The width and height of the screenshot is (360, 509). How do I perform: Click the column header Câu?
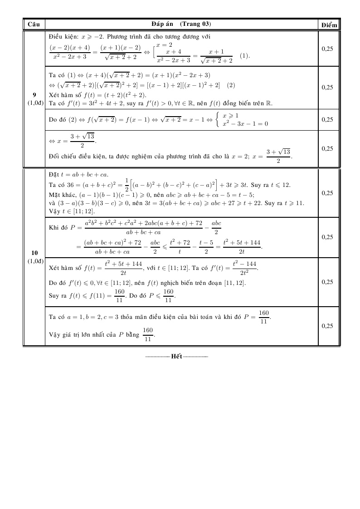tap(34, 24)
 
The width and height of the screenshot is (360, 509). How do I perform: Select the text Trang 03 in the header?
tap(195, 24)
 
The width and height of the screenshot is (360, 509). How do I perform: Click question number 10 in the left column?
tap(34, 253)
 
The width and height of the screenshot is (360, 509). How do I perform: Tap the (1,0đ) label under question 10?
tap(34, 261)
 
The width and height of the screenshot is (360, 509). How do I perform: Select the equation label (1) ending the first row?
tap(245, 56)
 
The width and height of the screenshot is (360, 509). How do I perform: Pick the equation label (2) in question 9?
tap(231, 85)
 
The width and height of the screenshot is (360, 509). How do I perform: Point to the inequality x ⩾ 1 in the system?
tap(230, 116)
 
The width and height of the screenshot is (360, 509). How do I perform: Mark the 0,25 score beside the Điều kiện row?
tap(328, 48)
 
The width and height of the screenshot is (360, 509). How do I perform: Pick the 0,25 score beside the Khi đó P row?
tap(328, 237)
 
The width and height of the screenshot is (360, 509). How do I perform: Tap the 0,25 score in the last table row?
tap(328, 326)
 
